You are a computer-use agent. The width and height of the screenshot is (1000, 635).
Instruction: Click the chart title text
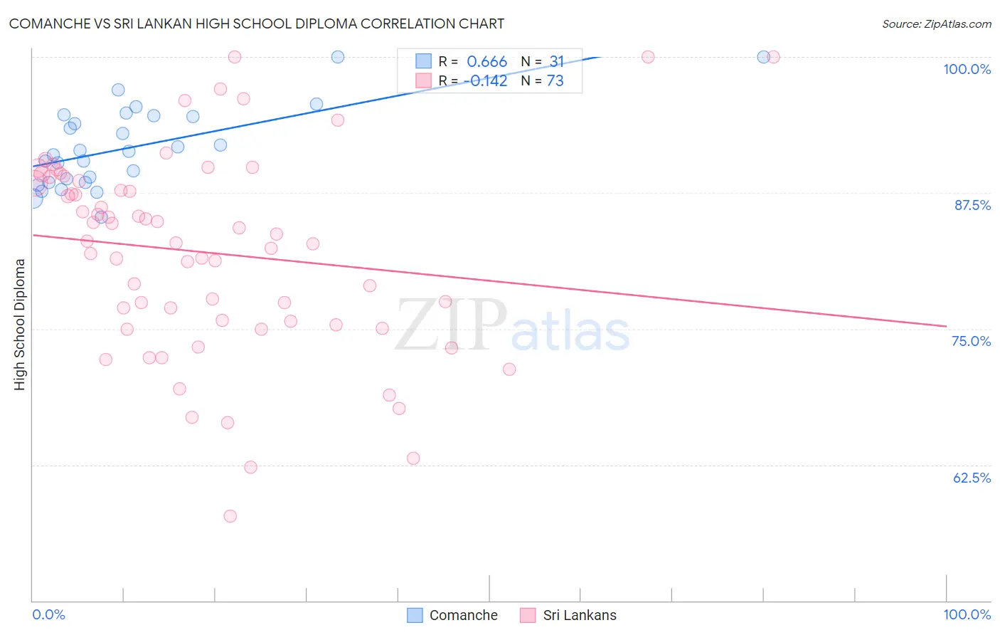[x=257, y=23]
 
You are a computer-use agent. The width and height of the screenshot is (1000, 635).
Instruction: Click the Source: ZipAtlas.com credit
[x=936, y=23]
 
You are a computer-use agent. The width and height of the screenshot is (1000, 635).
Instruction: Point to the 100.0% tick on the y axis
[x=967, y=69]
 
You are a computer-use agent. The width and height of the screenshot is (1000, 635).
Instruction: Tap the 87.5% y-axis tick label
[x=972, y=205]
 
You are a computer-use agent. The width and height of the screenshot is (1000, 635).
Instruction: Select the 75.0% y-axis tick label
[x=971, y=341]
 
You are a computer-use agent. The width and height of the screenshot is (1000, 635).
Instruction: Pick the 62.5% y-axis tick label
[x=972, y=478]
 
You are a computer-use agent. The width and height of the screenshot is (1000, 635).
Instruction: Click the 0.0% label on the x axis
[x=48, y=614]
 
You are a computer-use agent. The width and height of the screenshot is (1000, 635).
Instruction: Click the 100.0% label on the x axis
[x=967, y=614]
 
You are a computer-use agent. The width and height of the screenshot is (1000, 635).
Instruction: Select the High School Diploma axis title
[x=20, y=324]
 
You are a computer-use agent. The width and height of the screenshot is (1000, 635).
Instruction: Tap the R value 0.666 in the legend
[x=486, y=62]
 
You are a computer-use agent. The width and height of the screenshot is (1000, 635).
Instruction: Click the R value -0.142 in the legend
[x=486, y=81]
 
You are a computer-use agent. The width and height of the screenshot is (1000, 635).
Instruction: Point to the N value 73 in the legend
[x=555, y=81]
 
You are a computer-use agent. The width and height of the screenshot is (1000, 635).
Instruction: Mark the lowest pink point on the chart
[x=230, y=516]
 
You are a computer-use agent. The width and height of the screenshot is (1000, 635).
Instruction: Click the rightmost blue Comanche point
[x=763, y=57]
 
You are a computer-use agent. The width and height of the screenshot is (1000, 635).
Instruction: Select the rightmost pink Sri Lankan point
[x=774, y=57]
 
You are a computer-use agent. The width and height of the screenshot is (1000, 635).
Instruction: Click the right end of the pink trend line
[x=946, y=326]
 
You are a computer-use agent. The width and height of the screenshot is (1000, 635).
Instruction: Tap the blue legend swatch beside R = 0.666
[x=423, y=62]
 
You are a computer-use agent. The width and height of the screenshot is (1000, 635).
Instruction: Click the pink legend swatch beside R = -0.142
[x=423, y=81]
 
